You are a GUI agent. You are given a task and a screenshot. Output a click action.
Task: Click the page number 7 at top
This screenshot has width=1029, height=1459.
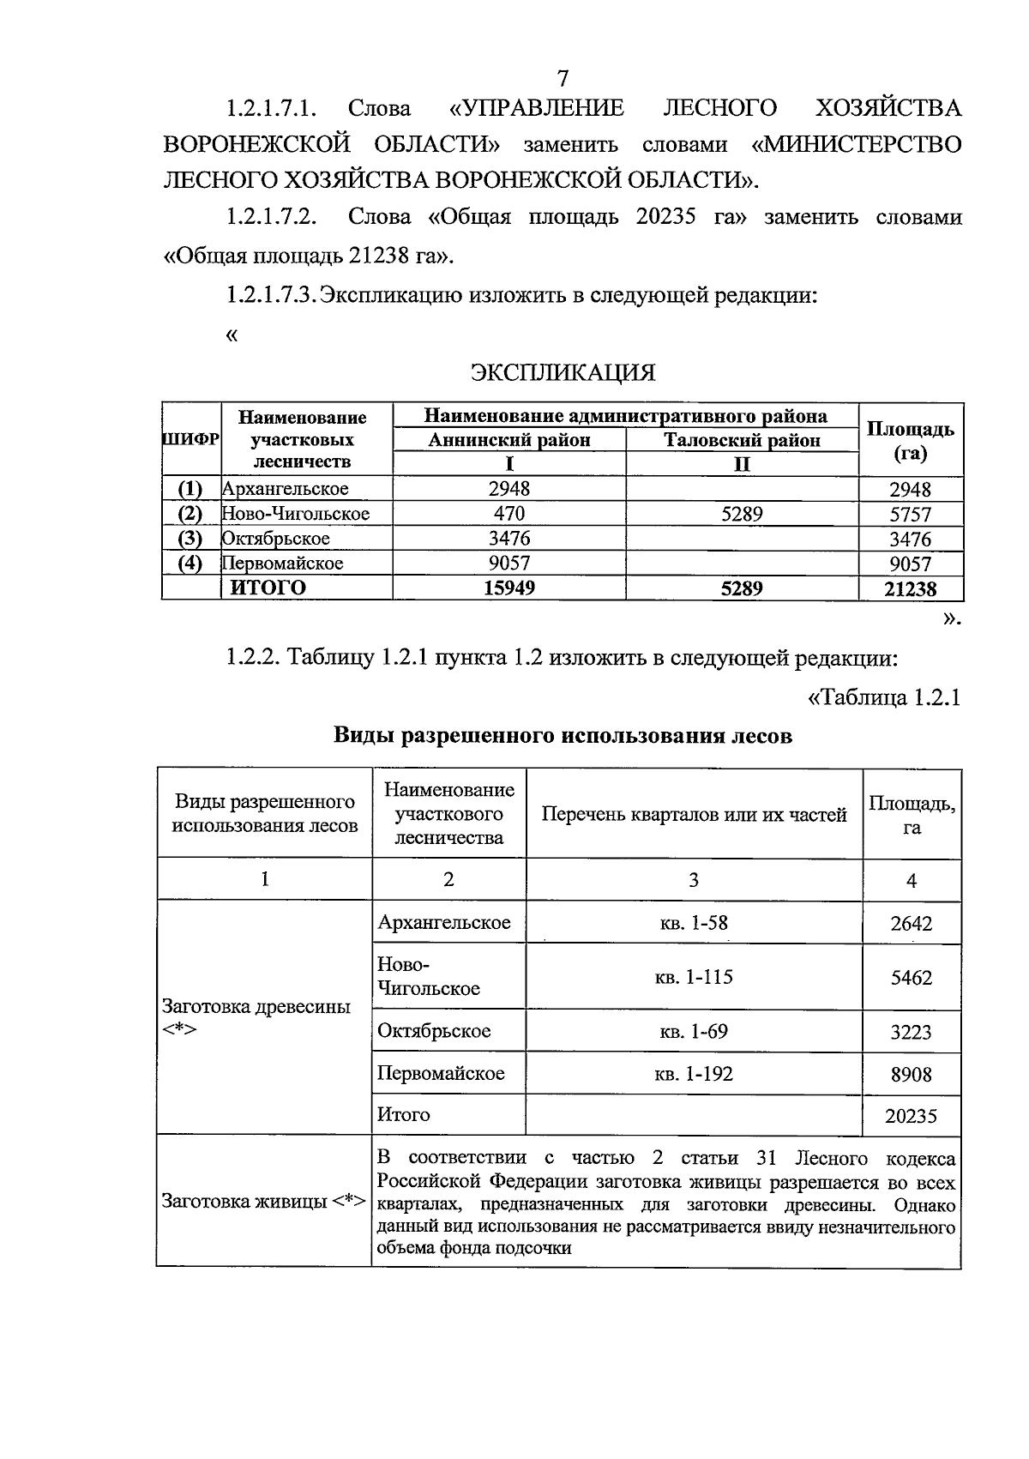[563, 78]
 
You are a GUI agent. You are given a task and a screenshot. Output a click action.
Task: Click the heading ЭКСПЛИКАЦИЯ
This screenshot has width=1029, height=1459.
[563, 372]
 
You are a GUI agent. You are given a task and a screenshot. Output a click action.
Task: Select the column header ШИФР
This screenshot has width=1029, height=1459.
[190, 438]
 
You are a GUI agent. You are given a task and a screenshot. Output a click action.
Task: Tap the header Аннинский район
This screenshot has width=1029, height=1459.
[509, 440]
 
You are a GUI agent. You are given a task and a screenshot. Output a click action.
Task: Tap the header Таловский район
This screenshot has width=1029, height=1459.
[742, 440]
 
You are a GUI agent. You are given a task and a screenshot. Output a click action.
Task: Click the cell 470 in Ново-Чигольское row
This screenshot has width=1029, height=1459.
[509, 514]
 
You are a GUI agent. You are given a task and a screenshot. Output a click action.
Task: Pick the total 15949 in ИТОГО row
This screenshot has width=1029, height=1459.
[509, 588]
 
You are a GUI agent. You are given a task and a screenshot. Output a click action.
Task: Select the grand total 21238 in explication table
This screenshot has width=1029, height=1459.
[911, 588]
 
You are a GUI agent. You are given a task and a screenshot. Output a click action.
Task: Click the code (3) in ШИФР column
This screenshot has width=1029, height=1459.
[190, 539]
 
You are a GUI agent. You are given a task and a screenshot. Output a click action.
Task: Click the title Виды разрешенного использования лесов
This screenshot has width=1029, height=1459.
[563, 736]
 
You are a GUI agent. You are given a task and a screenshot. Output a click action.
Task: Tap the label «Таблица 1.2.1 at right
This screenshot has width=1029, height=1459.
[883, 697]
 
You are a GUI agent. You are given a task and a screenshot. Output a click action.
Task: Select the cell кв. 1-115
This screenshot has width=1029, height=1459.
[695, 977]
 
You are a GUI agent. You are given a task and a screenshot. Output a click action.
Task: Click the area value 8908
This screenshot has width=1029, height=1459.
[911, 1074]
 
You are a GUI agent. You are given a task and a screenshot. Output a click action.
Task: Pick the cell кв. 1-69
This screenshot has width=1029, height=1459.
[695, 1031]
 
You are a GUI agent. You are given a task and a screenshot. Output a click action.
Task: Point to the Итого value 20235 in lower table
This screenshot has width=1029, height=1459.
[911, 1116]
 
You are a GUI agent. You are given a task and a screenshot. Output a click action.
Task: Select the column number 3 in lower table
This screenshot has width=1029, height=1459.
[694, 879]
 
